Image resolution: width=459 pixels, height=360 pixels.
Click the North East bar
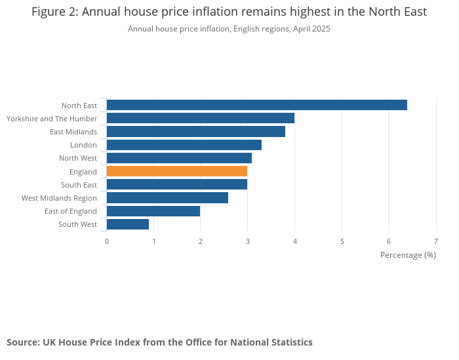coord(256,105)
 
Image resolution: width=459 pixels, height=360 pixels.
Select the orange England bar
coord(177,171)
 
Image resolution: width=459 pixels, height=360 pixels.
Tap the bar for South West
coord(128,224)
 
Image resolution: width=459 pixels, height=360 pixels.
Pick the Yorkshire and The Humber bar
coord(200,118)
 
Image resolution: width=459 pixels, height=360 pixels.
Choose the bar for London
coord(184,145)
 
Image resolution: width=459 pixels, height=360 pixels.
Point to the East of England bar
coord(153,211)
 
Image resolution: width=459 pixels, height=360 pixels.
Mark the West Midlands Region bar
coord(167,198)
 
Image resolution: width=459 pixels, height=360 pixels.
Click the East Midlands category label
coord(73,132)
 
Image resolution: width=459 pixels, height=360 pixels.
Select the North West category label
coord(78,158)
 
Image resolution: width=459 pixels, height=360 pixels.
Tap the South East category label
coord(79,185)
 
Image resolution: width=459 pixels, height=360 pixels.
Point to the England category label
coord(83,172)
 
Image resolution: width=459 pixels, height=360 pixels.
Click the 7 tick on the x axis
coord(436,241)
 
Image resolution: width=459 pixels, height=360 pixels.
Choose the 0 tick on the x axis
coord(107,241)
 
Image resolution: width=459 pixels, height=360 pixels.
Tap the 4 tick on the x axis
coord(295,241)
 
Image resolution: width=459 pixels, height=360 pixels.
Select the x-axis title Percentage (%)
coord(408,255)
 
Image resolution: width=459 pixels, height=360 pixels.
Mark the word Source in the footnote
coord(22,342)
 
